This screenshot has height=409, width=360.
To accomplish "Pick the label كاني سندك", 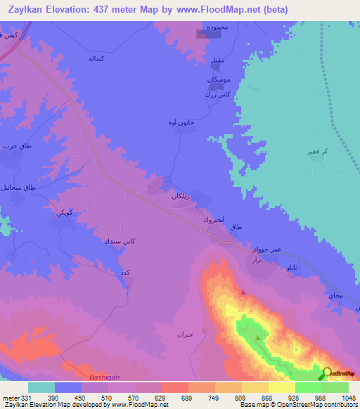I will coord(120,241).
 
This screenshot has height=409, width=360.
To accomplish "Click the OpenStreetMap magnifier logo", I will coord(327,374).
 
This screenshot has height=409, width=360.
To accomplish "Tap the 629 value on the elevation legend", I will coord(160,398).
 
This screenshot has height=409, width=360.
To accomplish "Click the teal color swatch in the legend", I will coord(41,387).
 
